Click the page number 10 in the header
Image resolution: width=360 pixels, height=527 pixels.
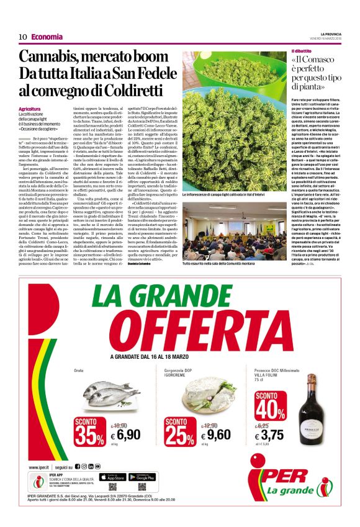[x=22, y=37]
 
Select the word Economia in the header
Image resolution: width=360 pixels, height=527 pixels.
[x=47, y=37]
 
